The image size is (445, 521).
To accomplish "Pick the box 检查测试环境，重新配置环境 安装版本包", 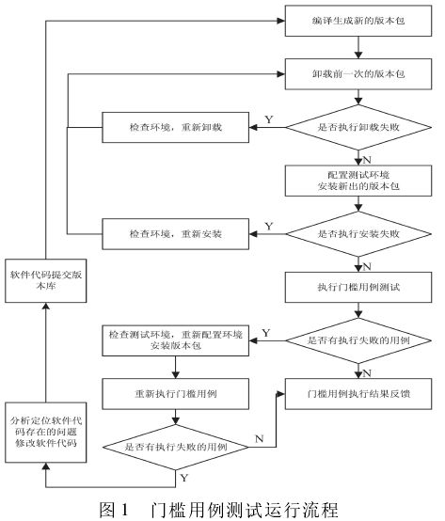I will click(x=175, y=338).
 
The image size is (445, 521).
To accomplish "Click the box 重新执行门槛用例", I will click(x=175, y=390).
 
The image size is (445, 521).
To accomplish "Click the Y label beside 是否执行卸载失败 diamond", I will click(x=269, y=118).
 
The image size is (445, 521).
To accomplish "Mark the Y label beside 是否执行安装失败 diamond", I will click(x=269, y=225).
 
